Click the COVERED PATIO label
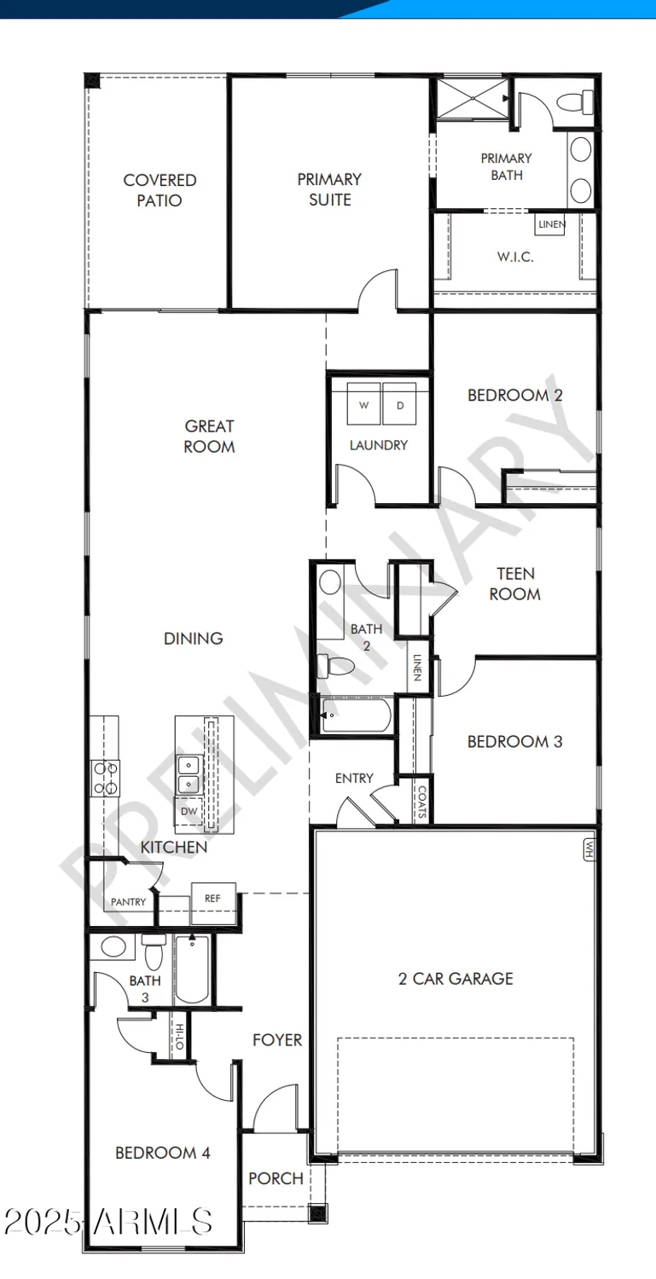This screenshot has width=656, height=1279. pyautogui.click(x=160, y=190)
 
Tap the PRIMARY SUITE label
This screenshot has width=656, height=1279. pyautogui.click(x=329, y=189)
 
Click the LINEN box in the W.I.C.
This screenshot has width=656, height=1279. pyautogui.click(x=550, y=224)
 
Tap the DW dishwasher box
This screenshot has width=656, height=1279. pyautogui.click(x=189, y=812)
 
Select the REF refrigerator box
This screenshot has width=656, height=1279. pyautogui.click(x=212, y=898)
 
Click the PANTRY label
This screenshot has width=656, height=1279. pyautogui.click(x=128, y=902)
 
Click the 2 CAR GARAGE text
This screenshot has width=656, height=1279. pyautogui.click(x=456, y=979)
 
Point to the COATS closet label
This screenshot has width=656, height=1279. pyautogui.click(x=421, y=802)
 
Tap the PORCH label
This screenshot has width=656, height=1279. pyautogui.click(x=276, y=1178)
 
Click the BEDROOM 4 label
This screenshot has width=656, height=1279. pyautogui.click(x=162, y=1153)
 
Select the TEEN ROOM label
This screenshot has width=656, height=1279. pyautogui.click(x=515, y=584)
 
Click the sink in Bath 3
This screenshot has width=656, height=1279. pyautogui.click(x=112, y=946)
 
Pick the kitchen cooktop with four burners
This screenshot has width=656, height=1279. pyautogui.click(x=106, y=778)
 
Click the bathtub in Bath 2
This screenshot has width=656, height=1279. pyautogui.click(x=357, y=715)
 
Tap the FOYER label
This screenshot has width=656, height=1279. pyautogui.click(x=277, y=1040)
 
